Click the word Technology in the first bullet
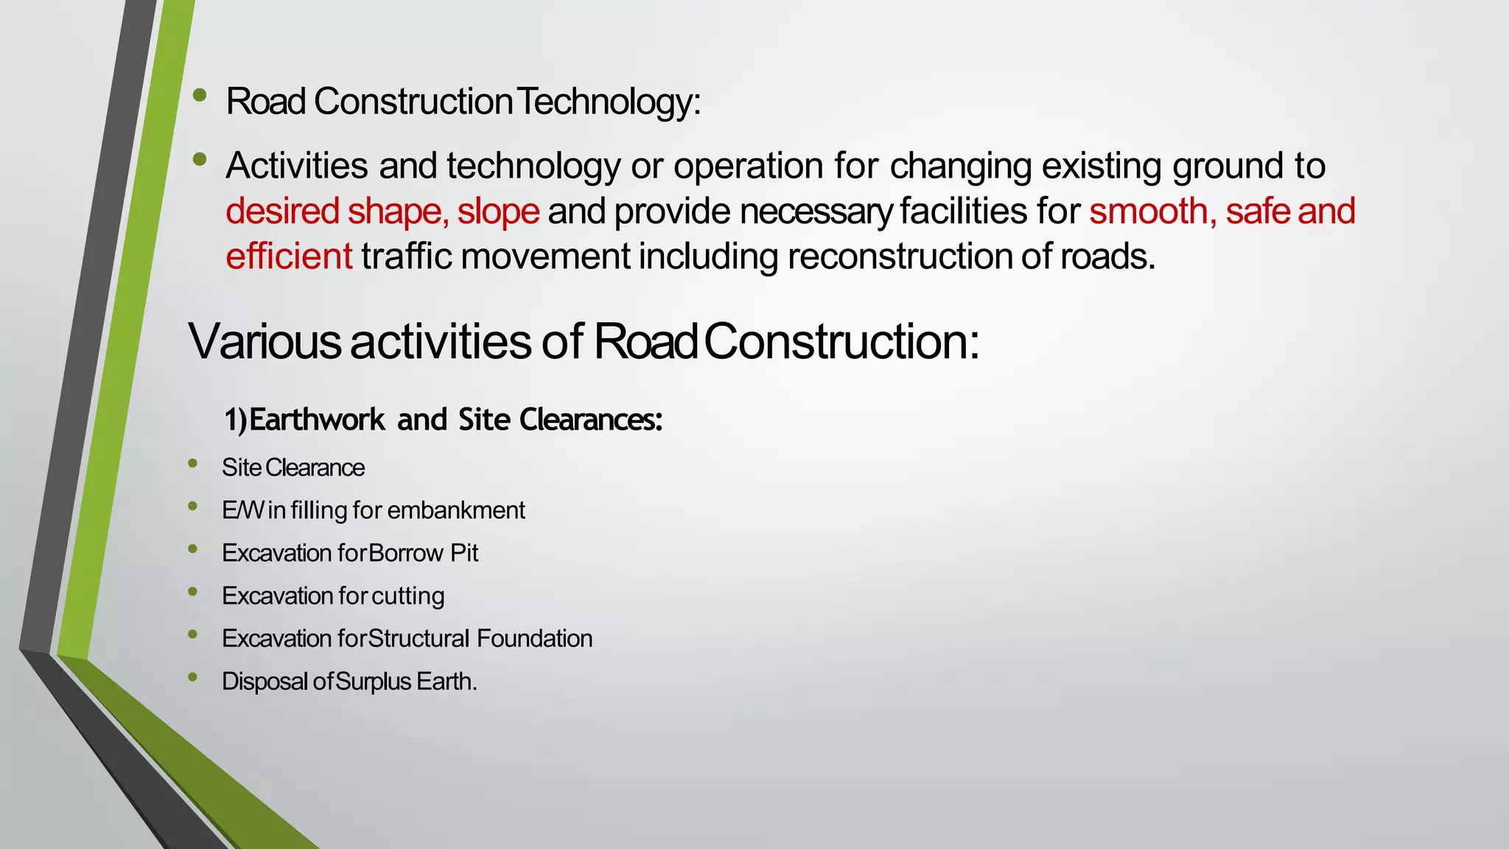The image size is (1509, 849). (608, 102)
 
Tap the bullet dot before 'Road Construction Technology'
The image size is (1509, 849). (199, 95)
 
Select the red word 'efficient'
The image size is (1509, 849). (289, 256)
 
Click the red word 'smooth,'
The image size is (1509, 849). (1153, 212)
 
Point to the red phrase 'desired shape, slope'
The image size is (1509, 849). (382, 212)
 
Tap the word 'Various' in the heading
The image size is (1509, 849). (265, 342)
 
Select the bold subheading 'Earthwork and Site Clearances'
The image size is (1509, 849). (444, 420)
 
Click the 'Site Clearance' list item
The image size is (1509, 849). (293, 468)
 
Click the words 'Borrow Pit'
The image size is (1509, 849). (424, 553)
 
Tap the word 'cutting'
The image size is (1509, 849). (408, 595)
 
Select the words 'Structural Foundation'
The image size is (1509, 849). (480, 638)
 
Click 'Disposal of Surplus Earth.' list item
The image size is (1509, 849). (349, 681)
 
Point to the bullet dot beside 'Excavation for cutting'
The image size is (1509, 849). (192, 591)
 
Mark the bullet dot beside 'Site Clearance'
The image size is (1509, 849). (192, 463)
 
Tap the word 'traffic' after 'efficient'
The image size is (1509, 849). (406, 256)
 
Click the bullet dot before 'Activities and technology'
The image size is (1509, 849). (199, 159)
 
